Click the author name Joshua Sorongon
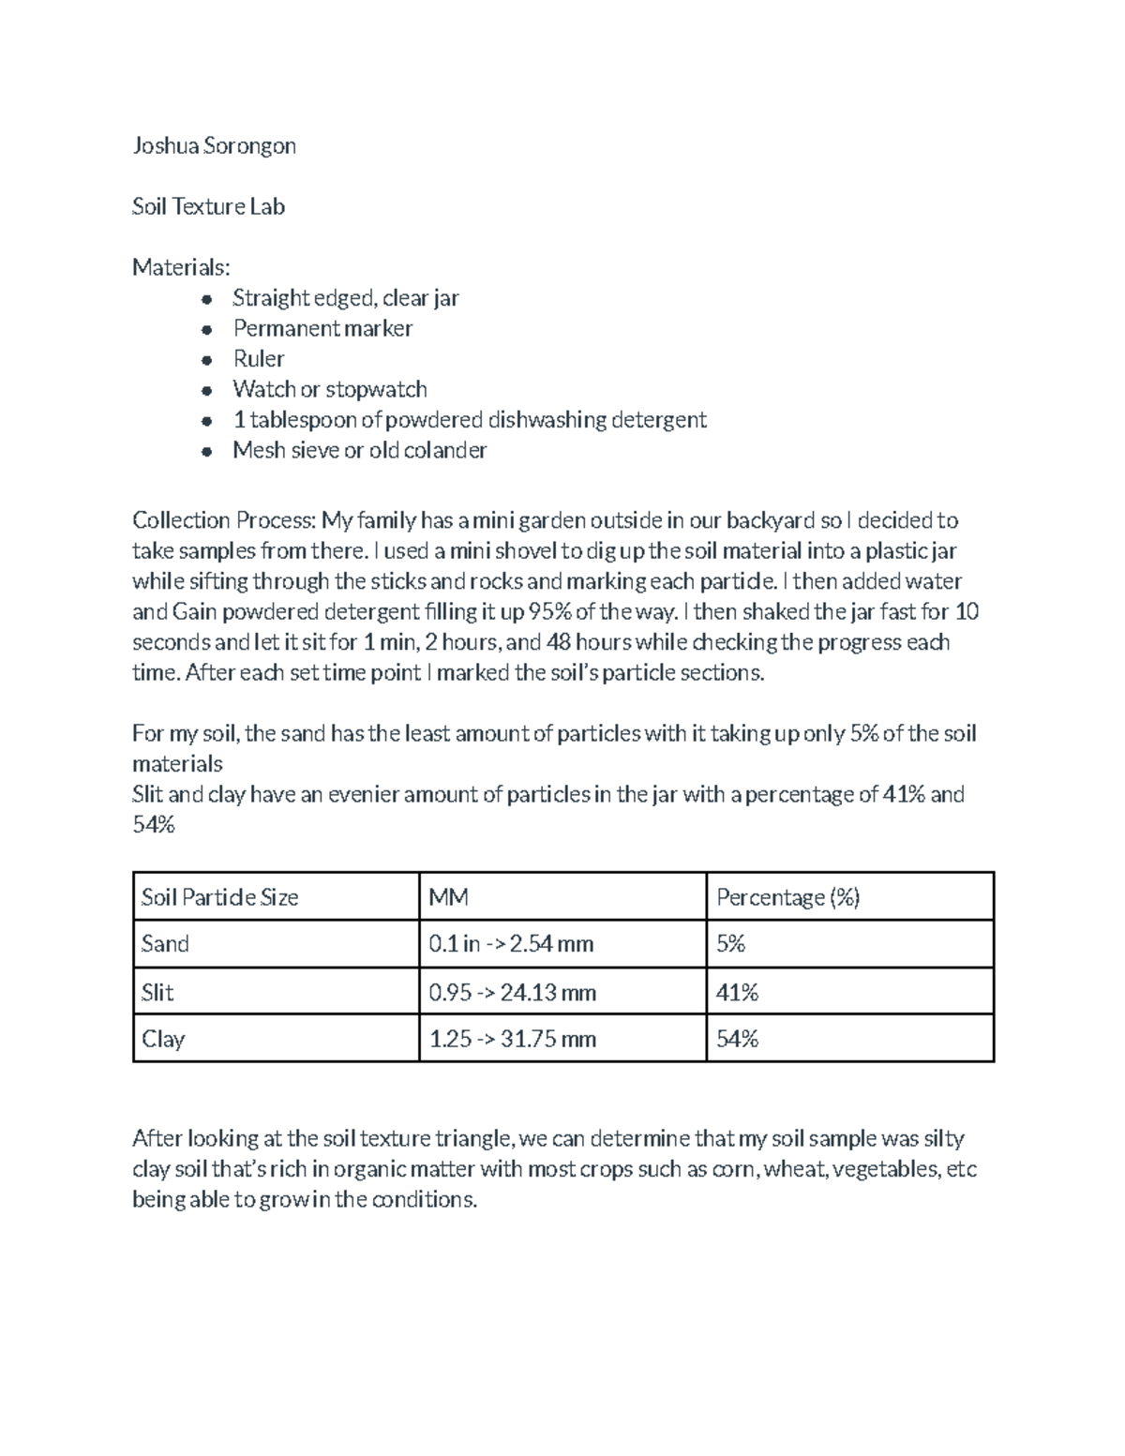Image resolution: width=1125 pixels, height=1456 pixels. (214, 145)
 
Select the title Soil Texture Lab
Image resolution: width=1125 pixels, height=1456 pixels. (208, 206)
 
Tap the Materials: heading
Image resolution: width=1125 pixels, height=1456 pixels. (180, 267)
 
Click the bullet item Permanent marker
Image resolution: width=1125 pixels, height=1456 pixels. (322, 328)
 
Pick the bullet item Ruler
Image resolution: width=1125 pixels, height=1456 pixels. (259, 359)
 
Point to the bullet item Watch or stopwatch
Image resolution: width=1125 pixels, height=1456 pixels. (330, 389)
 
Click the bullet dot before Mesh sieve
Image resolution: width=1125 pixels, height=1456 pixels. (207, 451)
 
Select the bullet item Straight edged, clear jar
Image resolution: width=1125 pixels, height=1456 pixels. (346, 298)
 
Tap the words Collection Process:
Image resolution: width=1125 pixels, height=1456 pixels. (224, 520)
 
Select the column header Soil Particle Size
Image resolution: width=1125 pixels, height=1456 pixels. (219, 897)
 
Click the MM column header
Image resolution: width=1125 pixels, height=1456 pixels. (449, 897)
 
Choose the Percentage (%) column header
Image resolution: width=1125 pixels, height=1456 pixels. (787, 897)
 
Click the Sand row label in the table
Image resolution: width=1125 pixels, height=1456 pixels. (165, 943)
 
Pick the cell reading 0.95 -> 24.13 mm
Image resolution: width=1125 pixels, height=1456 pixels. (512, 992)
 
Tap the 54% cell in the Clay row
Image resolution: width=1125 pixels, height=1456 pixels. (737, 1039)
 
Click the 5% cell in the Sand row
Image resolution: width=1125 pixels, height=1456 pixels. (730, 943)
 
